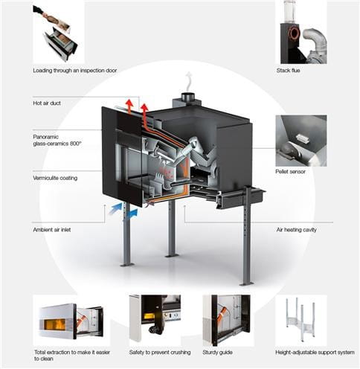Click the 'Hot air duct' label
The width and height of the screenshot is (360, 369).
pos(47,103)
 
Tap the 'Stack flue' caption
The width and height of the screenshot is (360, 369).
pos(288,71)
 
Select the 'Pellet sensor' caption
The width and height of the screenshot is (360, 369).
pos(290,172)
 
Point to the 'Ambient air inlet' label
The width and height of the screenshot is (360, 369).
pos(52,230)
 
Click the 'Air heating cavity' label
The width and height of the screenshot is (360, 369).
pos(297,230)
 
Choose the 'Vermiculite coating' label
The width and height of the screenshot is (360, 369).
pos(55,178)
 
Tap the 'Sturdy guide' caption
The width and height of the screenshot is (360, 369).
pos(217,353)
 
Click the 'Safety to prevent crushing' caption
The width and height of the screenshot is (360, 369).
pos(160,353)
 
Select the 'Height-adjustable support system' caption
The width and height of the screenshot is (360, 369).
pos(315,353)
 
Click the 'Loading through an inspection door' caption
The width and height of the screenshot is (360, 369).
pos(75,71)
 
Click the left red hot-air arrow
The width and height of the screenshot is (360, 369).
pos(129,106)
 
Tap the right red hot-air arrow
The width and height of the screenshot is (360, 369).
pos(144,110)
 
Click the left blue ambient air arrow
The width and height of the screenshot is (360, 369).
pos(115,209)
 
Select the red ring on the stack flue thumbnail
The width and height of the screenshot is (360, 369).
pos(295,33)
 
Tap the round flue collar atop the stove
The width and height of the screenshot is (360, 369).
pos(187,97)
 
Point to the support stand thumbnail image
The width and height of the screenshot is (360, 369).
pos(301,320)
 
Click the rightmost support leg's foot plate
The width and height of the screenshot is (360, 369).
pos(247,283)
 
